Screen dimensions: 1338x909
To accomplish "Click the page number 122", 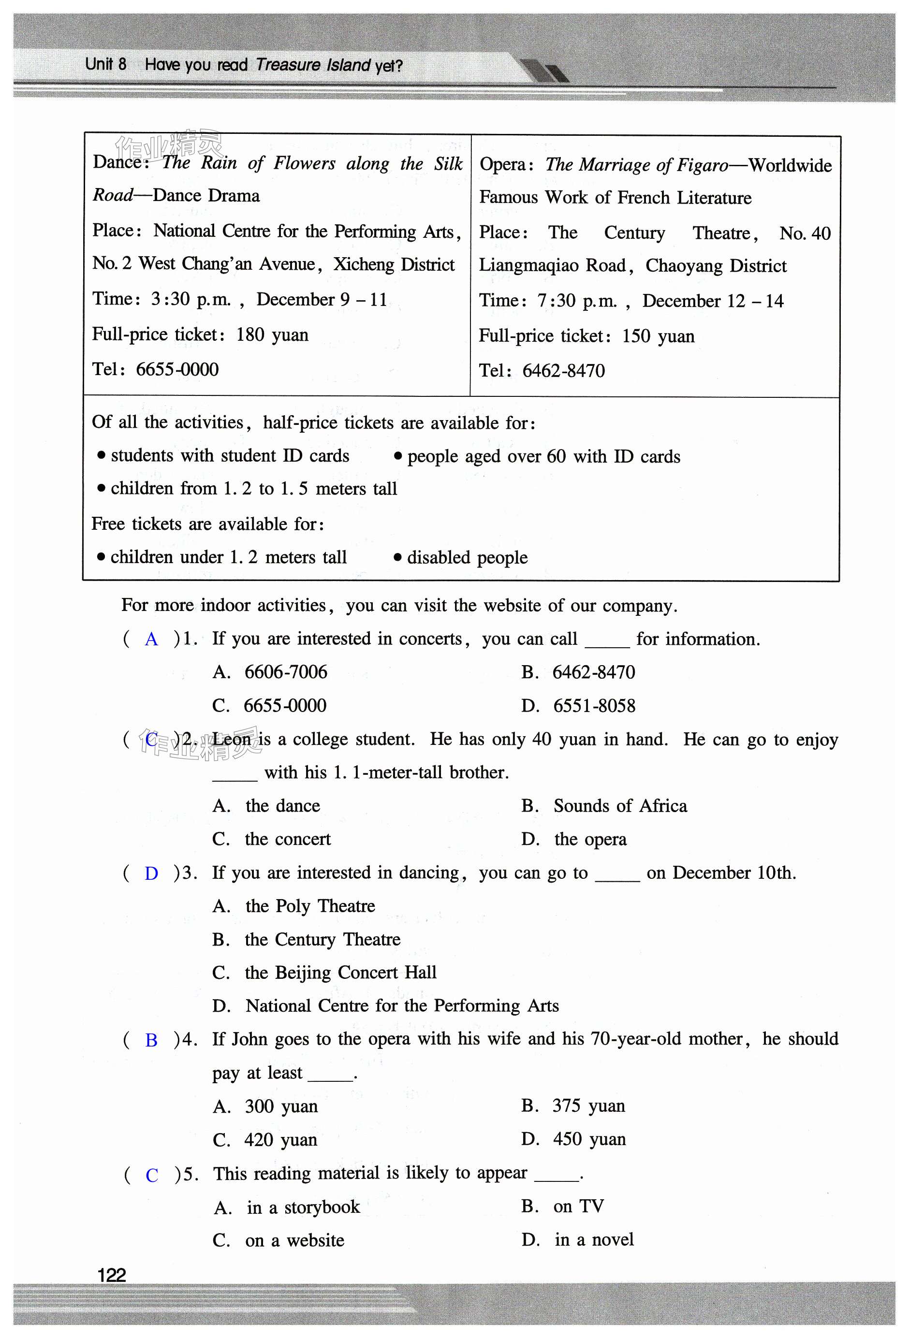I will pyautogui.click(x=112, y=1275).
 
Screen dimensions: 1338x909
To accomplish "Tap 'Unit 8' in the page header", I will pyautogui.click(x=105, y=64).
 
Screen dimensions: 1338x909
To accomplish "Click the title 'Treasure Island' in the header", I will pyautogui.click(x=313, y=65).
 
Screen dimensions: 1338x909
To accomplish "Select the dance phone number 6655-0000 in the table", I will pyautogui.click(x=177, y=369).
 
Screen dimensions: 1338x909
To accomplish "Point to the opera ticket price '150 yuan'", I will pyautogui.click(x=658, y=336).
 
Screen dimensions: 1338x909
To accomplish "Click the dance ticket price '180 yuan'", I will pyautogui.click(x=272, y=334).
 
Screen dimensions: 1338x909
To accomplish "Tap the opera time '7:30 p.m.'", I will pyautogui.click(x=577, y=301).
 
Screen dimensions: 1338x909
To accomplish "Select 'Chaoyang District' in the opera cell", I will pyautogui.click(x=716, y=266).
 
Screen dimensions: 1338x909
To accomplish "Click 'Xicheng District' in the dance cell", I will pyautogui.click(x=394, y=264).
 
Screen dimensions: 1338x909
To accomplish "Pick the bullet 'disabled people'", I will pyautogui.click(x=467, y=557).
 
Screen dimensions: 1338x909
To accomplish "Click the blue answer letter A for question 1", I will pyautogui.click(x=151, y=639).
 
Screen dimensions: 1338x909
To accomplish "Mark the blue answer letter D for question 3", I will pyautogui.click(x=151, y=873).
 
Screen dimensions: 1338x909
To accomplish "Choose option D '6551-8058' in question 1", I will pyautogui.click(x=594, y=706).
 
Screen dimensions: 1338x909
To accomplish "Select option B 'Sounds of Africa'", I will pyautogui.click(x=620, y=806).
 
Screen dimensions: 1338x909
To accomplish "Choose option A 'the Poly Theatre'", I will pyautogui.click(x=310, y=906).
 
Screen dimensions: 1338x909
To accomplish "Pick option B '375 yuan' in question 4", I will pyautogui.click(x=588, y=1106).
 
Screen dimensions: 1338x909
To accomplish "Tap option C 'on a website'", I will pyautogui.click(x=294, y=1240).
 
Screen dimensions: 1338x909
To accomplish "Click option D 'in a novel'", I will pyautogui.click(x=594, y=1239).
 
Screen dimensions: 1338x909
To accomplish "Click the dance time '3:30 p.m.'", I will pyautogui.click(x=190, y=299).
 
